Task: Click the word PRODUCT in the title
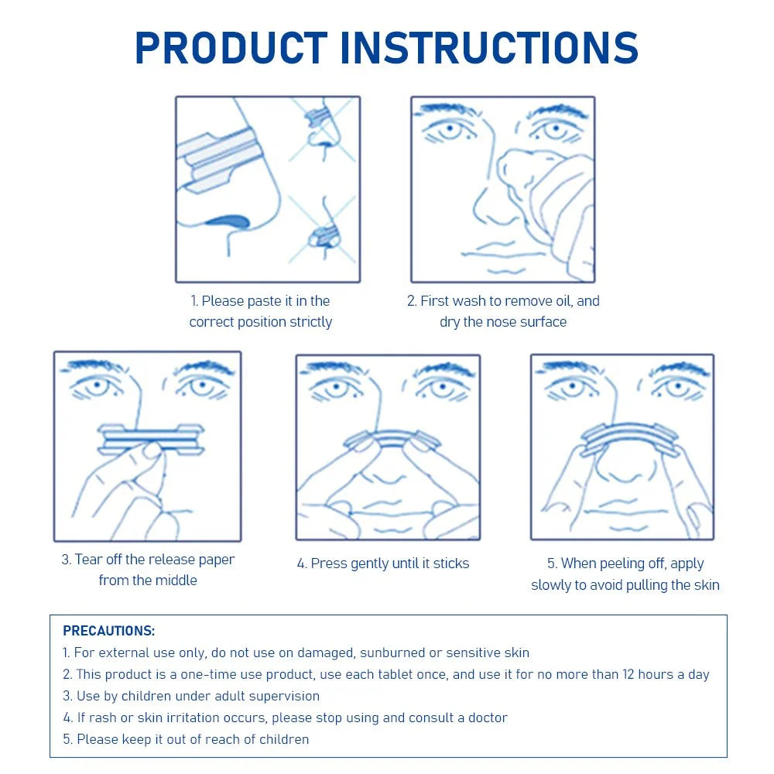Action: (x=231, y=48)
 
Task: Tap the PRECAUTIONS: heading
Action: (x=109, y=631)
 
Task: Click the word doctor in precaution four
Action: (x=488, y=717)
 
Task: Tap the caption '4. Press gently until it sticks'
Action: (x=383, y=563)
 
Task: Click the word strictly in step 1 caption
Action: (x=311, y=322)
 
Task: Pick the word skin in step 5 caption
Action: (x=707, y=585)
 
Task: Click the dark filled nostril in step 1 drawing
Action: (x=228, y=221)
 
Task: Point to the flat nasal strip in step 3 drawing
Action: (x=151, y=439)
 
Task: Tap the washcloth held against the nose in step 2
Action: (x=548, y=197)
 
